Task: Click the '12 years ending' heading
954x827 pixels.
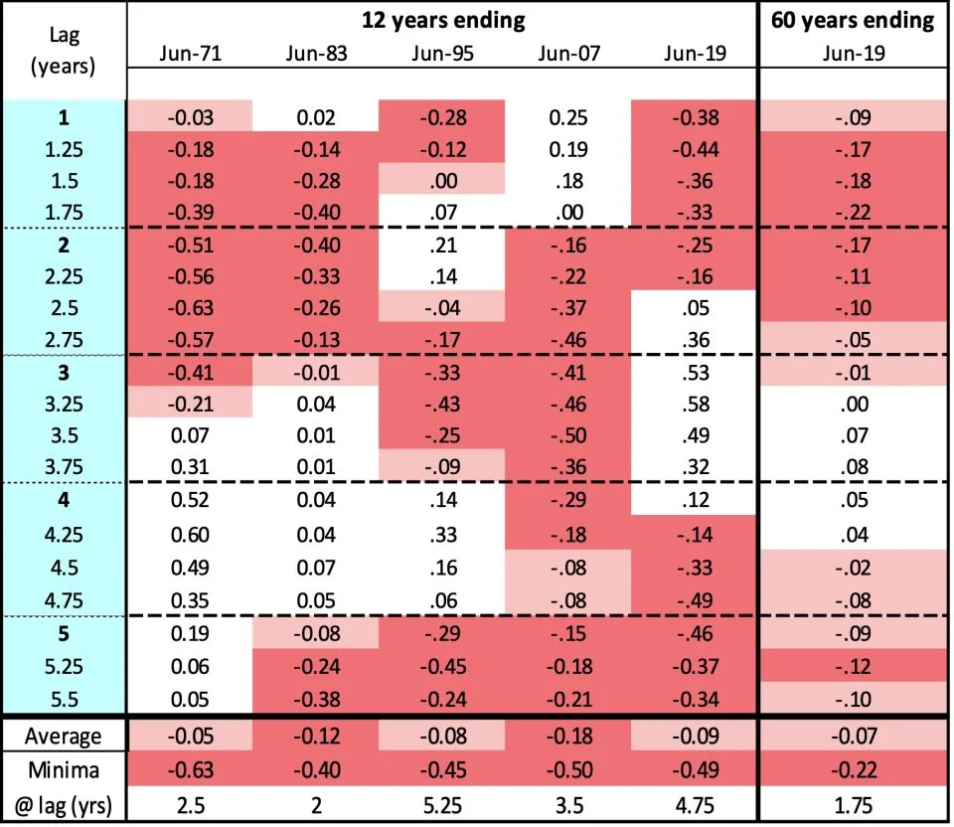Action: pos(442,19)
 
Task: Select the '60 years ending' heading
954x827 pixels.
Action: pos(854,19)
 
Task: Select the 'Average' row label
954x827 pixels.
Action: pos(64,737)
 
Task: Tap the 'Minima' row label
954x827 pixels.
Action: pos(64,770)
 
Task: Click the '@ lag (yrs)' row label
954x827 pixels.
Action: pos(64,805)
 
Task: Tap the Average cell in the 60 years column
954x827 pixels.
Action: pos(854,737)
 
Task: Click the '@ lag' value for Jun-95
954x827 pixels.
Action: pos(442,805)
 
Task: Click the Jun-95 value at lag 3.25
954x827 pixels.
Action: pos(442,405)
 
